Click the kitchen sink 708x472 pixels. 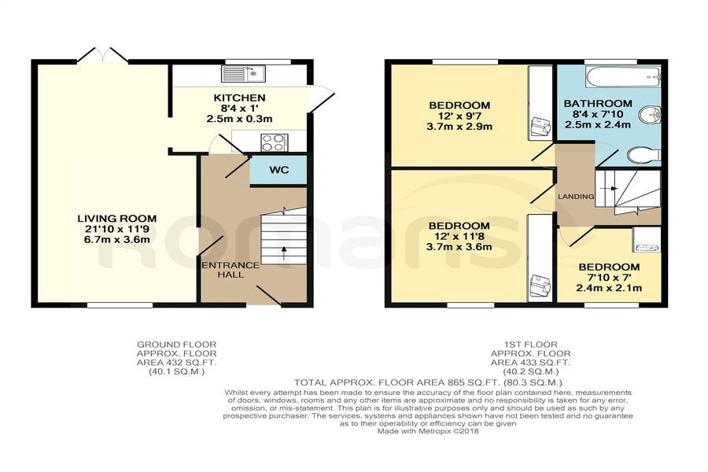point(244,73)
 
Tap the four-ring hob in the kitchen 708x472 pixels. point(274,142)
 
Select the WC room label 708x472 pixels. point(279,170)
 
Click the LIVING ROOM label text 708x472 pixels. point(117,219)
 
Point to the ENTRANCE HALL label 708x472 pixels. point(230,270)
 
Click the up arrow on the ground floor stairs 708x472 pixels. point(284,253)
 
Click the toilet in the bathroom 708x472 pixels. point(644,155)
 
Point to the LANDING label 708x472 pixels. point(576,197)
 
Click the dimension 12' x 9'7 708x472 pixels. point(459,116)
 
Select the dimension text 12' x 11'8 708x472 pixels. point(459,237)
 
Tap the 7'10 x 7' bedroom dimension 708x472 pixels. point(609,278)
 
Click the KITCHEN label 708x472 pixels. point(239,98)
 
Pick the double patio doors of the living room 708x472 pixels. point(102,54)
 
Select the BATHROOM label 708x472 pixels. point(598,103)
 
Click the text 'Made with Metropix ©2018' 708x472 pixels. point(428,431)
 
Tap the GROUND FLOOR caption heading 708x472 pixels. point(177,345)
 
